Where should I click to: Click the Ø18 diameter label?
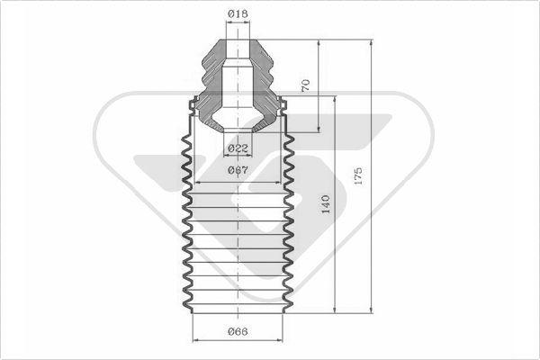(238, 14)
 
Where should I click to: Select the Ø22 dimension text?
(238, 148)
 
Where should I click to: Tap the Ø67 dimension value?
(238, 170)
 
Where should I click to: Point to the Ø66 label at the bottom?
(238, 332)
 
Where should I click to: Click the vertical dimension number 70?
(305, 85)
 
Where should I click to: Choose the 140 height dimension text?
(326, 204)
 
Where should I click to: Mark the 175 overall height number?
(358, 175)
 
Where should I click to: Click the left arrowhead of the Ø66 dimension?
(195, 340)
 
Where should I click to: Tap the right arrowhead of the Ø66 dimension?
(279, 340)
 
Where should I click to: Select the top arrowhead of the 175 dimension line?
(371, 42)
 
